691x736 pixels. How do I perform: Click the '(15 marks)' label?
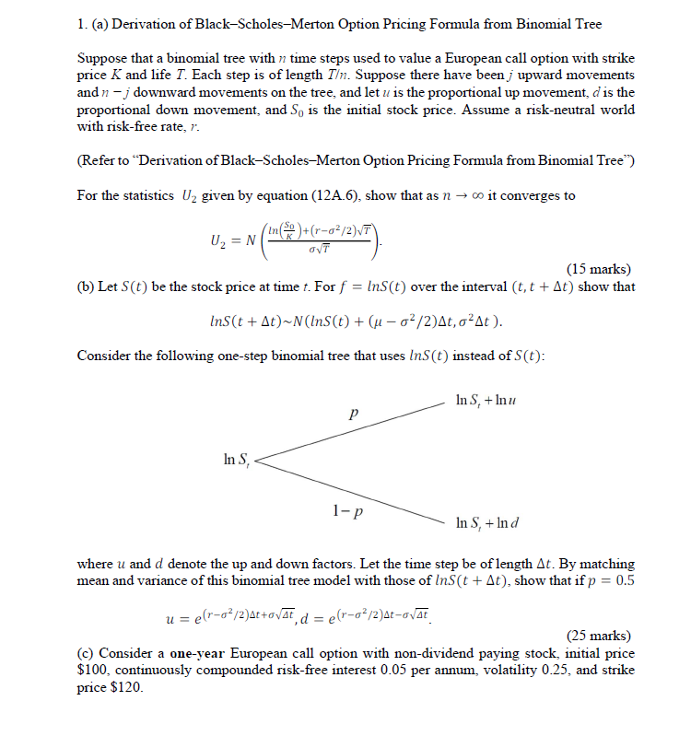coord(600,269)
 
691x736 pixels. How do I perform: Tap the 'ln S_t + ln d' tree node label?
coord(488,524)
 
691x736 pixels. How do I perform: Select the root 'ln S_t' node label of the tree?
coord(237,457)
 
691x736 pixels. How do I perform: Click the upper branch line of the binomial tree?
coord(350,430)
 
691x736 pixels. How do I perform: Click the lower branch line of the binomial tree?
coord(350,487)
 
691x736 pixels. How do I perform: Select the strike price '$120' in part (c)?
coord(127,687)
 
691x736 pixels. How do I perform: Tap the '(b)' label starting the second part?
coord(88,286)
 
